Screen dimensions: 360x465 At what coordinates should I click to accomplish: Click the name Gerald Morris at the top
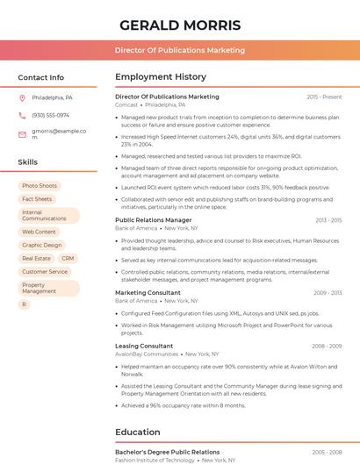(x=180, y=25)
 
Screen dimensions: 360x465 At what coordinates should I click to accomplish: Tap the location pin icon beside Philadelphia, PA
(x=23, y=97)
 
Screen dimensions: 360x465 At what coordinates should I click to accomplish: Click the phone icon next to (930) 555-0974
(x=23, y=115)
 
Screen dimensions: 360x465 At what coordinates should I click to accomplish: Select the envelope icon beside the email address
(x=23, y=134)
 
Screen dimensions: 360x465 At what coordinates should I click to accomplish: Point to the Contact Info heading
(x=40, y=77)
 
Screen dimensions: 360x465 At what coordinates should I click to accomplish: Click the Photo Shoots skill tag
(x=40, y=186)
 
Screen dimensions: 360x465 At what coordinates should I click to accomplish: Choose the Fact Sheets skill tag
(x=37, y=199)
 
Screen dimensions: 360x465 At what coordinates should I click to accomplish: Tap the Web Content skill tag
(x=39, y=232)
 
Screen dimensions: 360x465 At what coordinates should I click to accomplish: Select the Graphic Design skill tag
(x=41, y=245)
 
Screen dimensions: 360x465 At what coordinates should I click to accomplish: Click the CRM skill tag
(x=68, y=259)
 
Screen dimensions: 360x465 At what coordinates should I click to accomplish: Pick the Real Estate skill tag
(x=36, y=259)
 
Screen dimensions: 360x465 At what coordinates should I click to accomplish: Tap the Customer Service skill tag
(x=45, y=272)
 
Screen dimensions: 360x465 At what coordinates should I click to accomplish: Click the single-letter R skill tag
(x=25, y=304)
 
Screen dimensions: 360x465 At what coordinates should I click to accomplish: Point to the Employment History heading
(x=161, y=77)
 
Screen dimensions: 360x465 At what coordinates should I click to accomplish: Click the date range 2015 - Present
(x=324, y=97)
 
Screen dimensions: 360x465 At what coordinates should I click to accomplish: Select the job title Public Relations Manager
(x=153, y=220)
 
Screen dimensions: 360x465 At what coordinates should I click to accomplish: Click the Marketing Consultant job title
(x=148, y=292)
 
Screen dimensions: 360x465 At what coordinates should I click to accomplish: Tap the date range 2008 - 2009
(x=326, y=346)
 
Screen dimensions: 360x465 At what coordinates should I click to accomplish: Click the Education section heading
(x=137, y=432)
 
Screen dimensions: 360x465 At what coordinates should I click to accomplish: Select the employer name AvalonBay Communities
(x=146, y=354)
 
